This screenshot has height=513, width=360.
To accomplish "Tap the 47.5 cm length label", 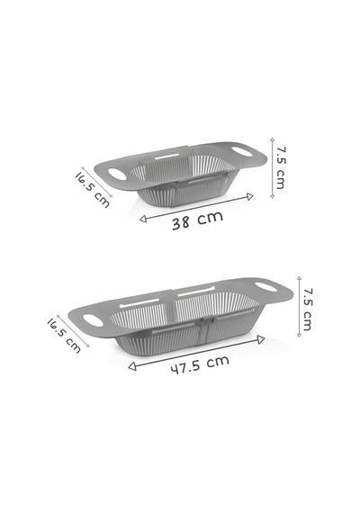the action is (200, 364).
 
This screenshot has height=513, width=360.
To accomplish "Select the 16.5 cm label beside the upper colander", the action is (93, 189).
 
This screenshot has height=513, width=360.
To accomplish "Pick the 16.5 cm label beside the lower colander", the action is (64, 335).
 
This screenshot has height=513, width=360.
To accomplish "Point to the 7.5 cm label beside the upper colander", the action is (280, 167).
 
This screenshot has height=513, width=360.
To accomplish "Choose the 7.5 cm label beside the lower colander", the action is (308, 310).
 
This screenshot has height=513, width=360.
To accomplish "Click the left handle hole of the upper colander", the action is (117, 174).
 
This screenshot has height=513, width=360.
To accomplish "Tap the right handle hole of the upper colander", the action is (242, 151).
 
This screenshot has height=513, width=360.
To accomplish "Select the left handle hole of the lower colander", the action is (94, 320).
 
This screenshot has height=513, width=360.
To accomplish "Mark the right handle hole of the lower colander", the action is (265, 287).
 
